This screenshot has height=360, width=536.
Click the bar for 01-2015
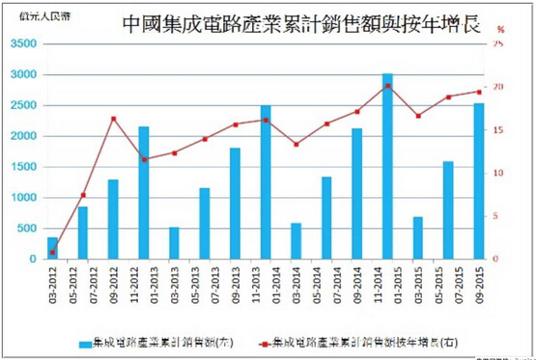tap(387, 166)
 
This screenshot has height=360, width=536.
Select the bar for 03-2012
tap(52, 248)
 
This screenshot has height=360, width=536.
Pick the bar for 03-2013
tap(174, 242)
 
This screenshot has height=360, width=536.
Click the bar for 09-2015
tap(478, 181)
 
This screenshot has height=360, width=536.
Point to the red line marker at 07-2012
tap(83, 196)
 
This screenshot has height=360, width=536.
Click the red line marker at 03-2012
tap(52, 253)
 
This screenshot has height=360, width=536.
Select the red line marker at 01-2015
tap(387, 86)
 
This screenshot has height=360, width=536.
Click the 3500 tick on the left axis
tap(23, 44)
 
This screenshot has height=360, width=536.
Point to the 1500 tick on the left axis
tap(23, 167)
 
